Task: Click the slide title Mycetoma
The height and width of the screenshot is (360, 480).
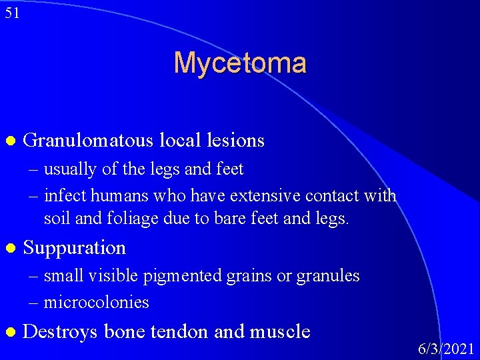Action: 240,63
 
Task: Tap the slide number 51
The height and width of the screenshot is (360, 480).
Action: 12,13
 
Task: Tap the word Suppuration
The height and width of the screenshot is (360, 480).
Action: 74,248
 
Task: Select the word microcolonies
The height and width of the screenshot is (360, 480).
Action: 97,303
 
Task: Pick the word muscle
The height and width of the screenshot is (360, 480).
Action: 281,331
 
